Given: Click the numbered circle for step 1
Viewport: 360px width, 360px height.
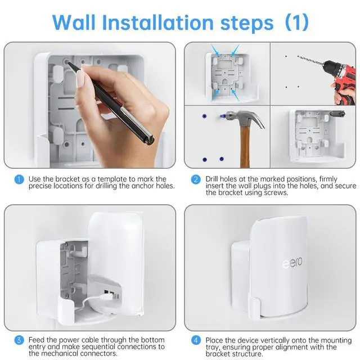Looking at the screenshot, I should coord(19,179).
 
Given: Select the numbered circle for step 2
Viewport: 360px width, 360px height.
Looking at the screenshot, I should coord(196,179).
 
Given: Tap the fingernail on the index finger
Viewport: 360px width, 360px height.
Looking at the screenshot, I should coord(81,79).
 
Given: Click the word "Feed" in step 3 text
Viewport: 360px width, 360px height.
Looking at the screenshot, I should coord(37,340).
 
